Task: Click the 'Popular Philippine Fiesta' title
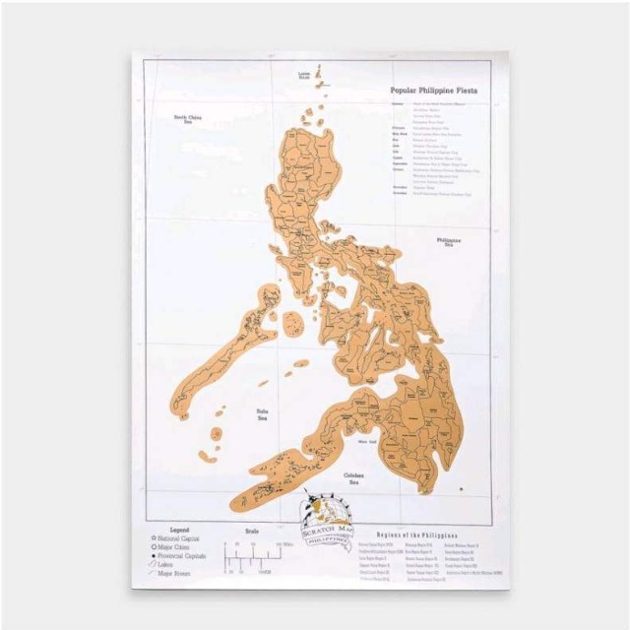point(433,90)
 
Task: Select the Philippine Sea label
point(449,241)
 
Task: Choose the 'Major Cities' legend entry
point(176,548)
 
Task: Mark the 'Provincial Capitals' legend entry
point(183,557)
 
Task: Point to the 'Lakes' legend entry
point(166,565)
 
